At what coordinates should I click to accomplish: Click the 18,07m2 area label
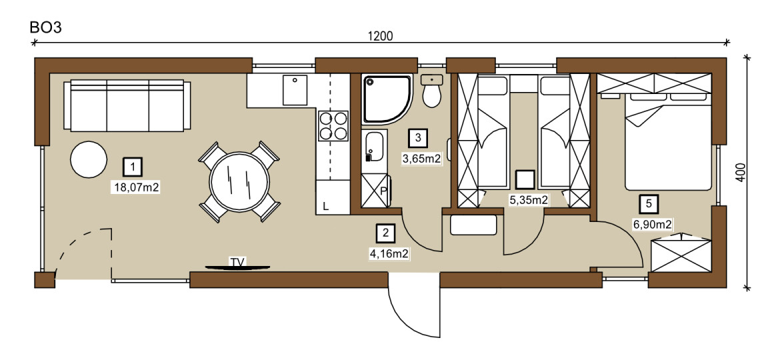pos(137,188)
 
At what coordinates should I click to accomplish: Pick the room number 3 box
pos(417,139)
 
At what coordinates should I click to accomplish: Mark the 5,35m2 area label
pos(527,200)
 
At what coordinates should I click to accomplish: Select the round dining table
pos(239,181)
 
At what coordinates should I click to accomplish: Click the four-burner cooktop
pos(333,125)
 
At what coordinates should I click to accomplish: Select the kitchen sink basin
pos(295,90)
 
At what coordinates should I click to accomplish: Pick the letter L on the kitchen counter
pos(325,207)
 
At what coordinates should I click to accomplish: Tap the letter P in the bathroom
pos(383,190)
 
